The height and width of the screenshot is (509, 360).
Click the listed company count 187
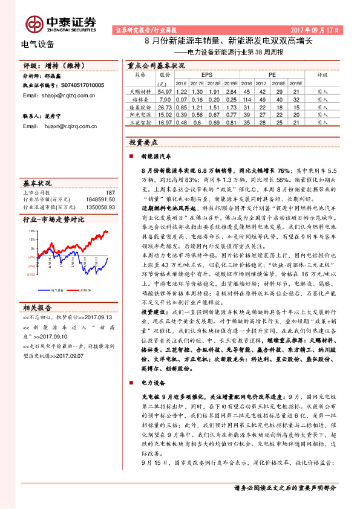click(110, 192)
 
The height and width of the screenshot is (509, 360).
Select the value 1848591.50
click(99, 199)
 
